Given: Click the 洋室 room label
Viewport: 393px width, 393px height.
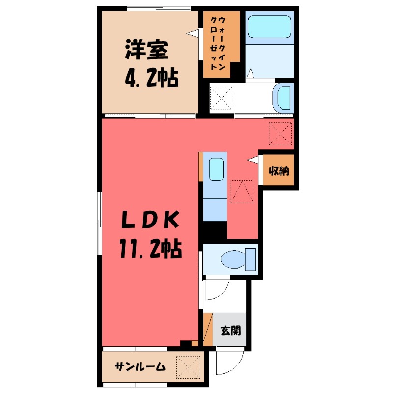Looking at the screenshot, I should point(147,50).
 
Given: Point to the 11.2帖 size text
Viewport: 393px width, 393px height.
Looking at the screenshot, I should point(149,249).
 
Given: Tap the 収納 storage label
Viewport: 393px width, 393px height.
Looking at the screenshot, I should point(279,171).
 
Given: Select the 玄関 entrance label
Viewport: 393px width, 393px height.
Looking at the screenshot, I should point(230,330).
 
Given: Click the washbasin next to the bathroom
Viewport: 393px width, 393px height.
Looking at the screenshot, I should point(283,97).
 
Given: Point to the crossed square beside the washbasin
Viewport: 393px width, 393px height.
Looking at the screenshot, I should point(221,98).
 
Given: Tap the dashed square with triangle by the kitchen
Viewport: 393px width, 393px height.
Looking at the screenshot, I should point(242,192).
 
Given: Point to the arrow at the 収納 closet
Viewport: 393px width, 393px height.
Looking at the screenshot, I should point(253,159).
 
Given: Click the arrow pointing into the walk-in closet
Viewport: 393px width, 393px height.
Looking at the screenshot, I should point(192,33).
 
